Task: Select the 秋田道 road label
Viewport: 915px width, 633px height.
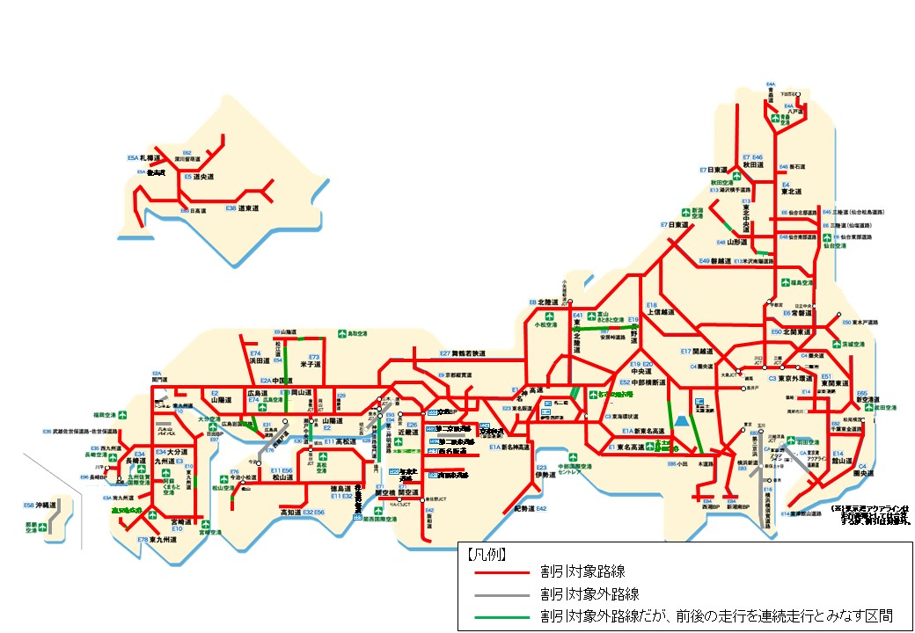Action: pyautogui.click(x=752, y=164)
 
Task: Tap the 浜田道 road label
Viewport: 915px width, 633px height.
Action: pyautogui.click(x=260, y=360)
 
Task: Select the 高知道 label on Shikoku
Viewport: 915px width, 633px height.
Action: pyautogui.click(x=291, y=511)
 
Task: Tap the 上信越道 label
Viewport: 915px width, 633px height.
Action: pyautogui.click(x=662, y=311)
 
